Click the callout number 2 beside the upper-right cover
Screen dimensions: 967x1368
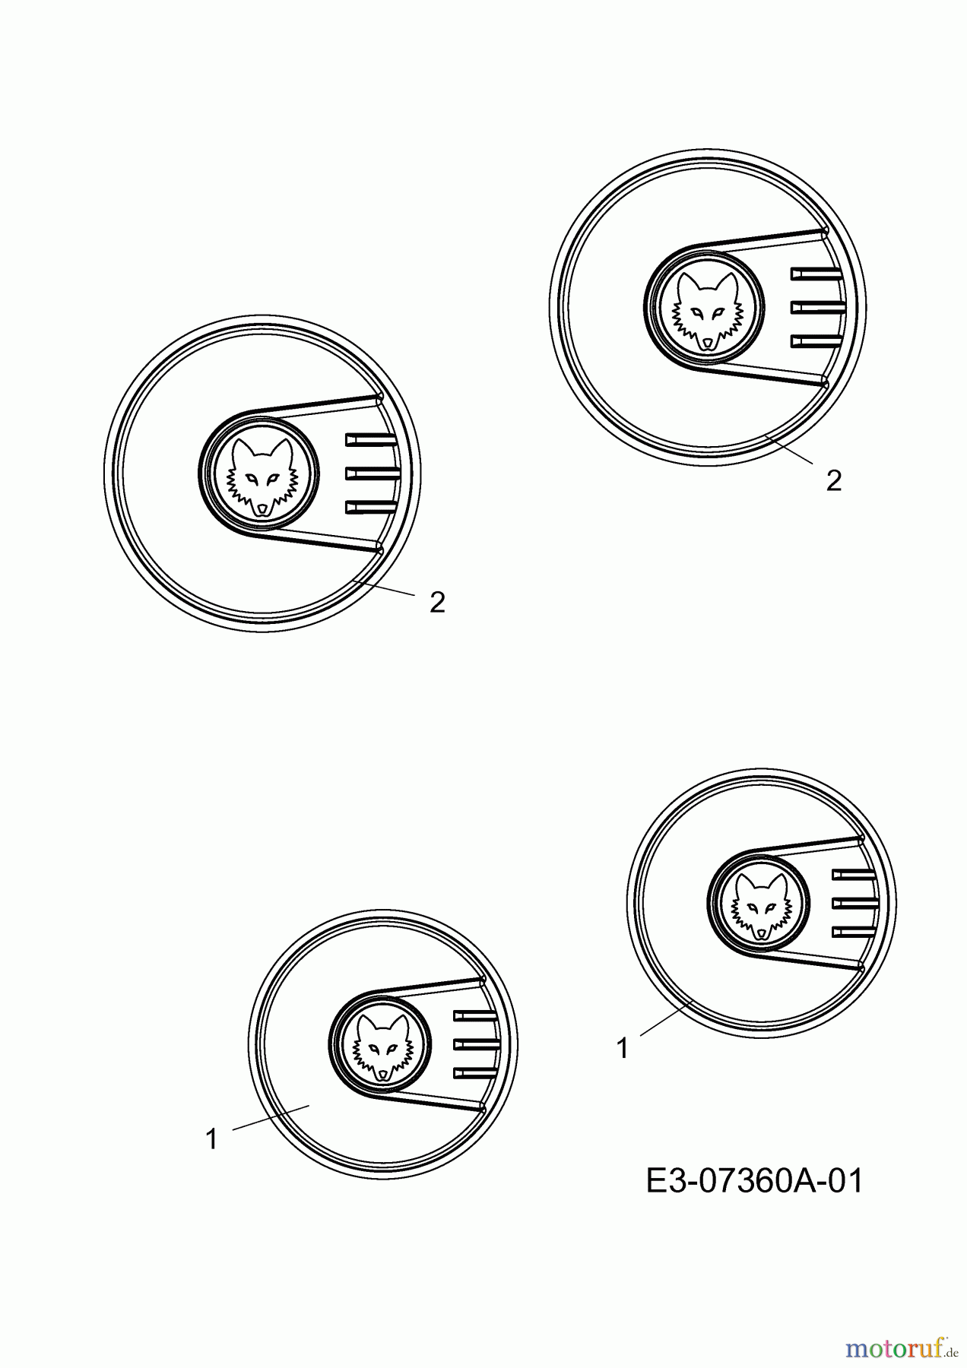pyautogui.click(x=834, y=480)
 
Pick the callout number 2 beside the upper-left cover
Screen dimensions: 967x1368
pyautogui.click(x=437, y=603)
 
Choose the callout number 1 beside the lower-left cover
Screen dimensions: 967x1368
pyautogui.click(x=212, y=1139)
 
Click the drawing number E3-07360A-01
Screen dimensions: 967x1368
pyautogui.click(x=755, y=1182)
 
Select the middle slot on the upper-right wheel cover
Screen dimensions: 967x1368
pyautogui.click(x=819, y=307)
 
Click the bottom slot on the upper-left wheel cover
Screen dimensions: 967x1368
pyautogui.click(x=372, y=507)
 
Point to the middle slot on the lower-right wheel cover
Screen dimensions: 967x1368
pyautogui.click(x=856, y=903)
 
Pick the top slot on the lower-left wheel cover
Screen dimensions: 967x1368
pyautogui.click(x=475, y=1015)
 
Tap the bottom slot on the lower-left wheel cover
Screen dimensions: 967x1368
pyautogui.click(x=475, y=1072)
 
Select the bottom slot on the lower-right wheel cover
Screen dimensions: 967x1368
pyautogui.click(x=854, y=932)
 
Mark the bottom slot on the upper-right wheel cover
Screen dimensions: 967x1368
pyautogui.click(x=817, y=340)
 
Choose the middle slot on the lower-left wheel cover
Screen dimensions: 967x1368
pyautogui.click(x=477, y=1044)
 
